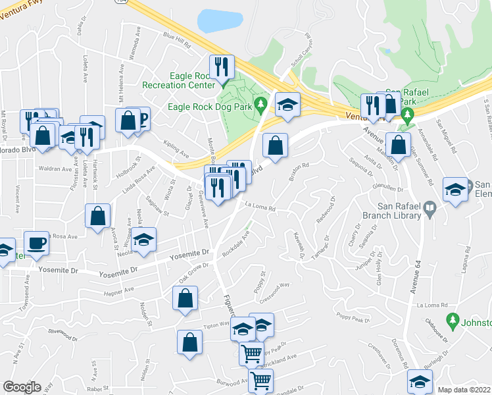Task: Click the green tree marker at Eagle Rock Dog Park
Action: pos(261,103)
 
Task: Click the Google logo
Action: pos(22,386)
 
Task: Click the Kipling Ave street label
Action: pos(176,156)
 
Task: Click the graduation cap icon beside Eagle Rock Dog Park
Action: pos(287,105)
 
